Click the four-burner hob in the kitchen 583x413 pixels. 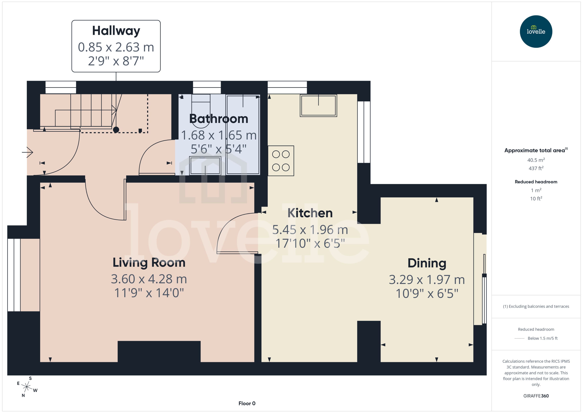[281, 161]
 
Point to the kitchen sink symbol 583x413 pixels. [318, 106]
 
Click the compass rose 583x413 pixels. [27, 387]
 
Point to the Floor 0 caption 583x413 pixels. [247, 403]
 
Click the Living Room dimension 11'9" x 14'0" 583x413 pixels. [149, 293]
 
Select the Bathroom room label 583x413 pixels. [219, 119]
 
